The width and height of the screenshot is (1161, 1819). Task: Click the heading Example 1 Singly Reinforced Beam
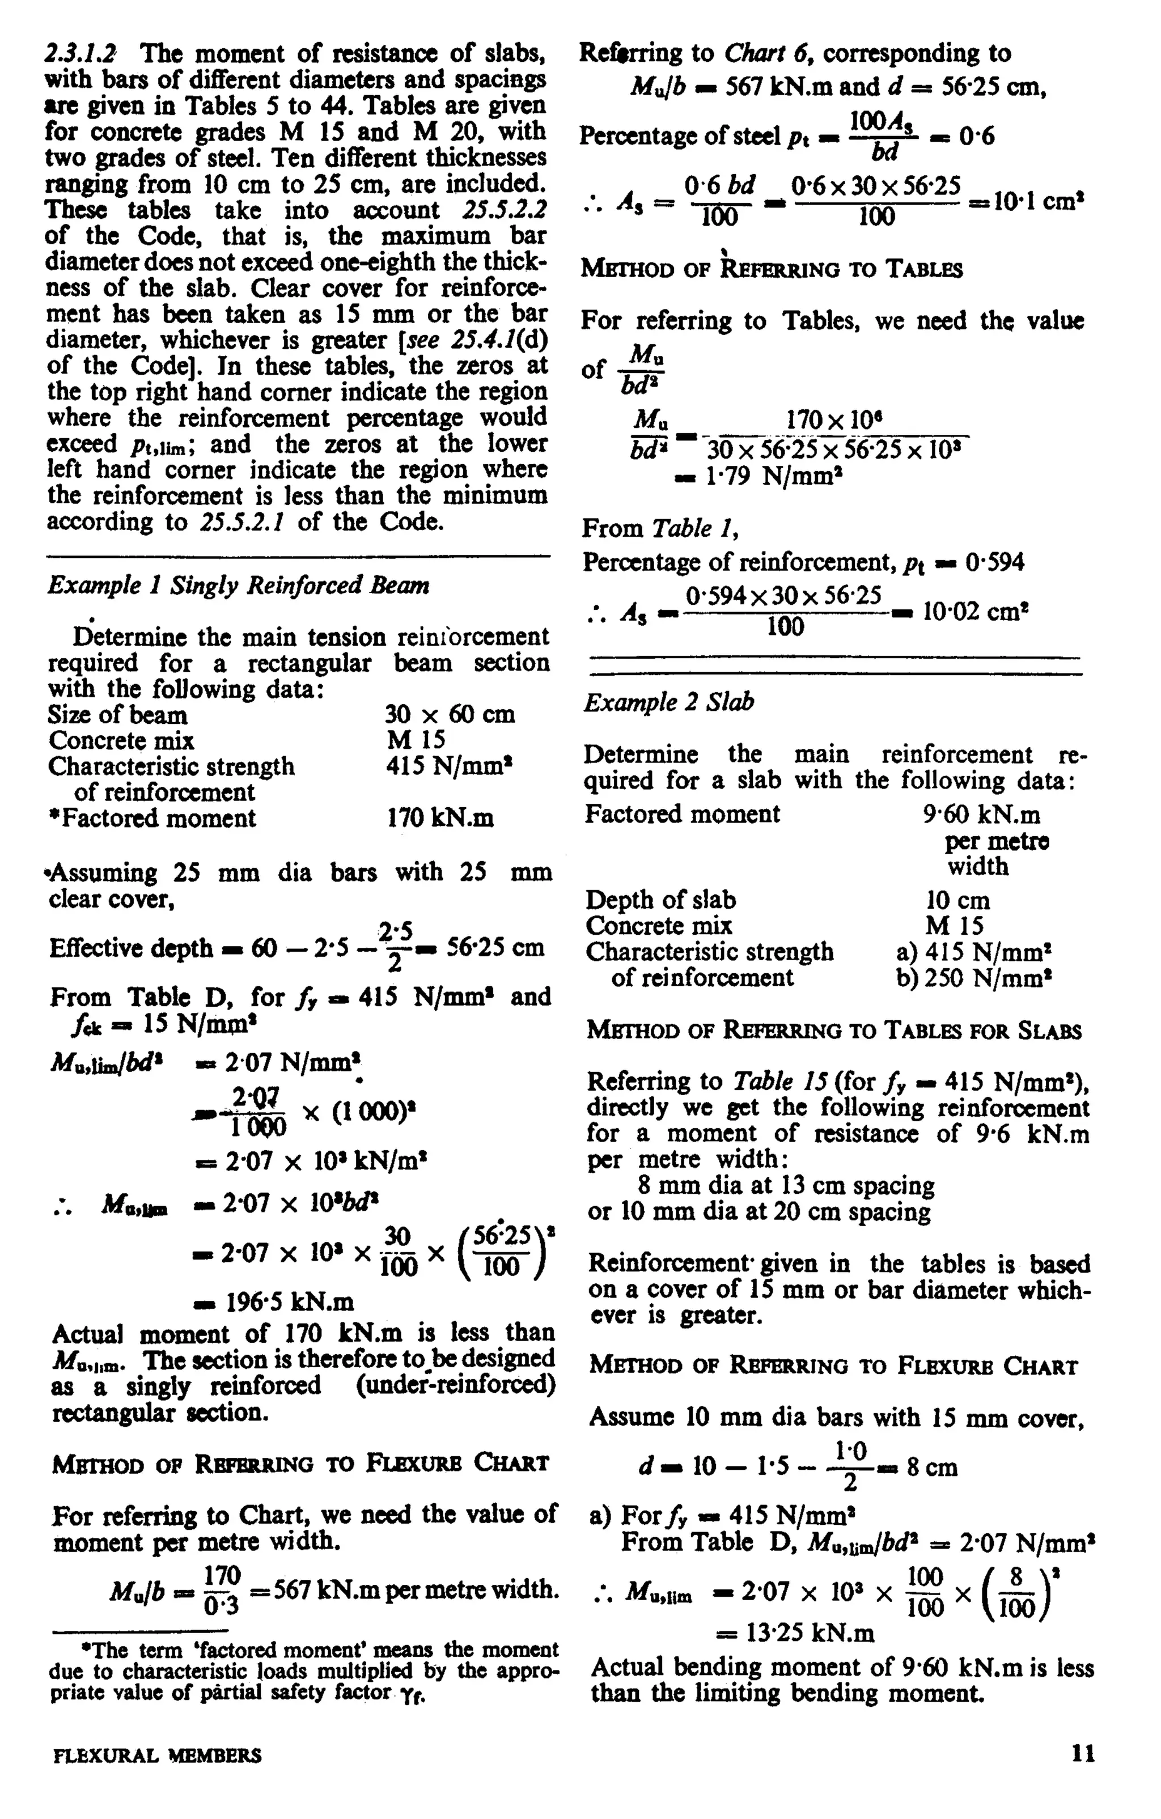(x=238, y=586)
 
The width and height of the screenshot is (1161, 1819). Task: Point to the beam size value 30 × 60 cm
(x=450, y=715)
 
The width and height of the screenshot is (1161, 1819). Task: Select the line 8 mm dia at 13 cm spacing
(x=786, y=1185)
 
